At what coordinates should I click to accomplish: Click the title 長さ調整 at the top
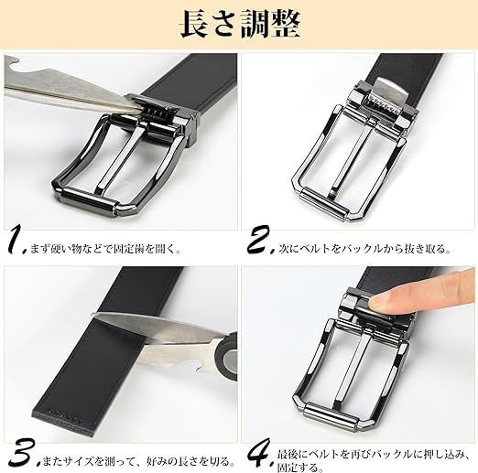[x=240, y=25]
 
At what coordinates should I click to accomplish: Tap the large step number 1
[x=16, y=240]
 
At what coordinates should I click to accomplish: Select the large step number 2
[x=260, y=240]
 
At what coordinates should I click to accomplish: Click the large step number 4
[x=260, y=453]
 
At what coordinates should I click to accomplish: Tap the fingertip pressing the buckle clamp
[x=378, y=301]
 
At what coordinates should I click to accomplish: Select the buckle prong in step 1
[x=121, y=158]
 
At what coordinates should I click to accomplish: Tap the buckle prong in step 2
[x=351, y=158]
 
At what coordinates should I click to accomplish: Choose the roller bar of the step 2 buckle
[x=324, y=203]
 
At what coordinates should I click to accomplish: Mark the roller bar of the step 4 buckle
[x=331, y=416]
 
